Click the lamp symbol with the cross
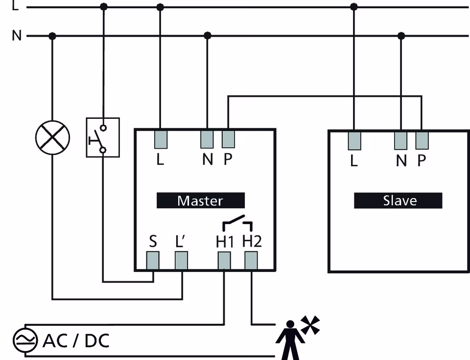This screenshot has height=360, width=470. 52,136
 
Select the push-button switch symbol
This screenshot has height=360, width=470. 102,137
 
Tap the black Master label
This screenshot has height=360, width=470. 200,201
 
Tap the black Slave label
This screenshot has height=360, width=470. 398,201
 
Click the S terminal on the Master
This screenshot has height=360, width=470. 153,261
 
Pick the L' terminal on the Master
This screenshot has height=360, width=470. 181,261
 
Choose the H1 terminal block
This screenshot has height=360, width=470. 224,261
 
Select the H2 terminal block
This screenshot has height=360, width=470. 251,261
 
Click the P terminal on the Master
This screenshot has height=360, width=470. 228,139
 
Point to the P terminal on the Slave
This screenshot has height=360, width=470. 422,140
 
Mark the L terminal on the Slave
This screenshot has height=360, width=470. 354,140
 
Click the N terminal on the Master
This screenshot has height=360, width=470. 207,139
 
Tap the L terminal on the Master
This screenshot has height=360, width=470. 160,139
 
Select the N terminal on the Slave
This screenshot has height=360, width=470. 401,140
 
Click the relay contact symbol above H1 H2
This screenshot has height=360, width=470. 237,223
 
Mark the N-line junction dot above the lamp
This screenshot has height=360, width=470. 52,36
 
